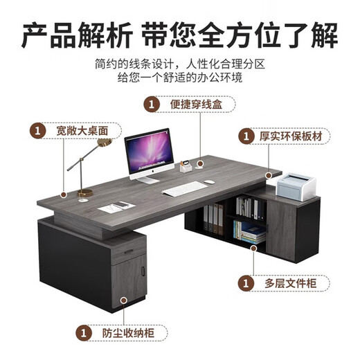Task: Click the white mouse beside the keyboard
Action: pos(210,183)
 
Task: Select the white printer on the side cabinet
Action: pos(297,183)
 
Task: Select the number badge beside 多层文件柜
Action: pos(245,283)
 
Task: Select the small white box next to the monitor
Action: pos(186,167)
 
